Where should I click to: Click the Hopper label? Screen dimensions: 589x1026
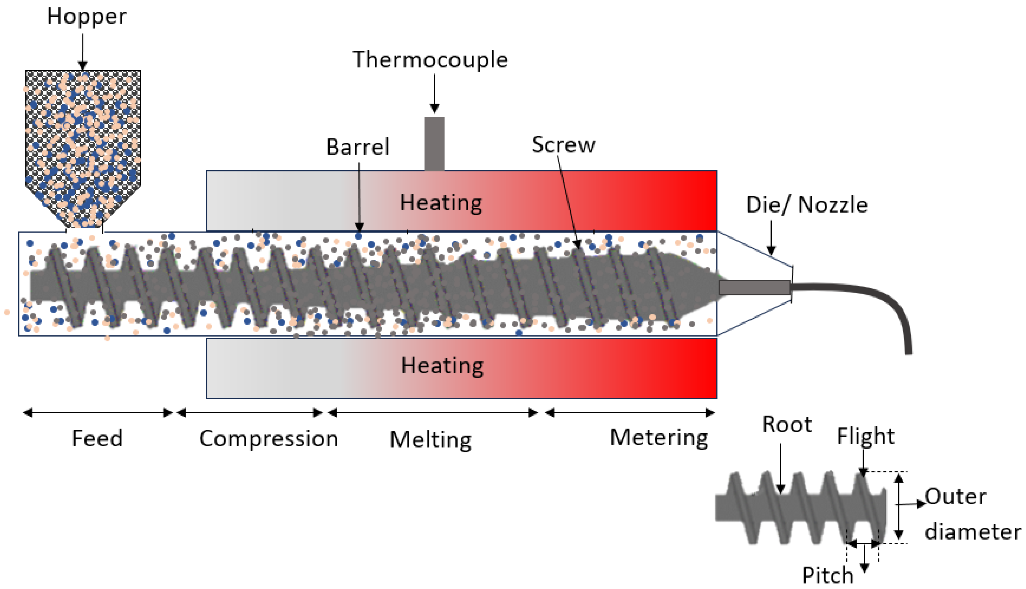[x=87, y=17]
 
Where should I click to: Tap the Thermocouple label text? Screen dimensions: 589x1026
[x=430, y=60]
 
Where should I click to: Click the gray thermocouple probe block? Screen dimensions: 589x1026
[x=434, y=143]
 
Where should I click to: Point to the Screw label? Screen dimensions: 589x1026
[x=563, y=145]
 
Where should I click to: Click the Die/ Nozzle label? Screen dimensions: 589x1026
[x=807, y=205]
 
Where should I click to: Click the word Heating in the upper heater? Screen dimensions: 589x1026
[x=441, y=202]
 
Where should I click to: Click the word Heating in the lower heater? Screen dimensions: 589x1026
[x=442, y=365]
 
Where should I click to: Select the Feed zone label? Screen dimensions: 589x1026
[x=97, y=438]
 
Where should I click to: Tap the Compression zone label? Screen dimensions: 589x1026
[x=269, y=439]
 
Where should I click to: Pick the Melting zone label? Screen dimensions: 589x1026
[x=430, y=440]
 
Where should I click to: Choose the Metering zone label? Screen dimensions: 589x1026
[x=659, y=438]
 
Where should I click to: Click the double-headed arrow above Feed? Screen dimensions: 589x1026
[x=98, y=413]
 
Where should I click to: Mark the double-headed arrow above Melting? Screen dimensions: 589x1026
[x=432, y=413]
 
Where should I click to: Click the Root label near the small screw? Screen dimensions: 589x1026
[x=787, y=424]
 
